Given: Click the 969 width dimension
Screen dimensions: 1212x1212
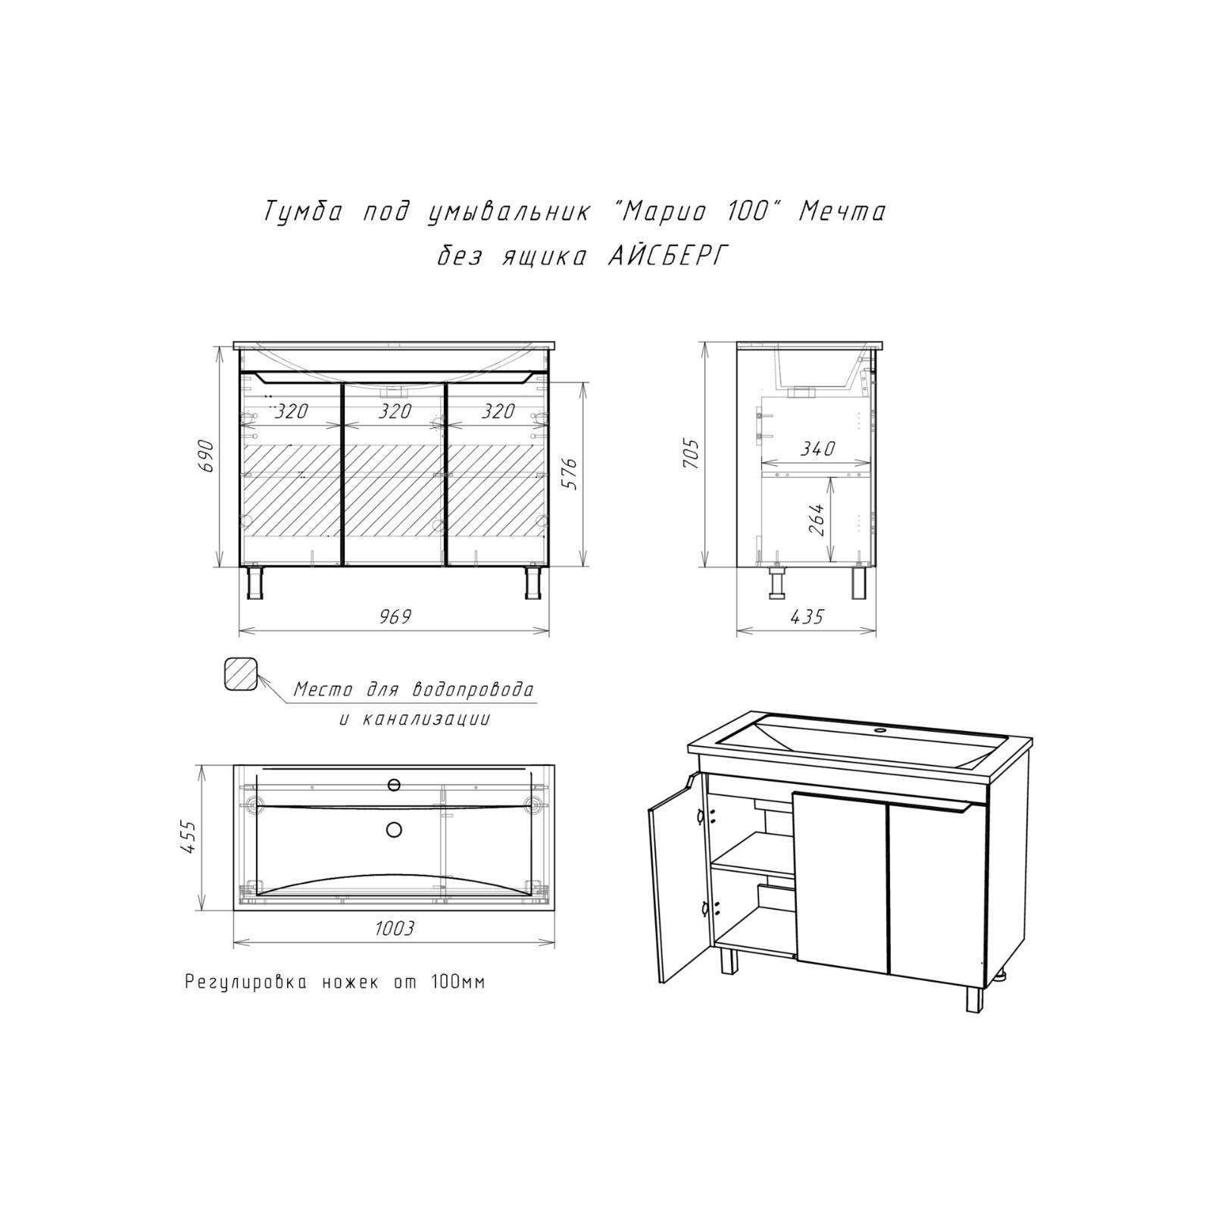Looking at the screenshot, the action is click(x=395, y=617).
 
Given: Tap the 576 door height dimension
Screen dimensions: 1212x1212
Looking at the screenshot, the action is click(x=570, y=473).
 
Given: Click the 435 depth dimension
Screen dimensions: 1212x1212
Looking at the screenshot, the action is click(x=806, y=617).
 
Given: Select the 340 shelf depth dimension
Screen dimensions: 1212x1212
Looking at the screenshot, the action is click(x=817, y=449).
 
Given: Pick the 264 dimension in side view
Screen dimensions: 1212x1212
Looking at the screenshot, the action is click(x=817, y=519).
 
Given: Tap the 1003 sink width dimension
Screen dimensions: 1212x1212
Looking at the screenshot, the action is click(x=394, y=928).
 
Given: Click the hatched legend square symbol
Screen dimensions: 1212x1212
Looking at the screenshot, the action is click(x=242, y=673).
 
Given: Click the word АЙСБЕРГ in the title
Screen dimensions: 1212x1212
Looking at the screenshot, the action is click(x=668, y=258).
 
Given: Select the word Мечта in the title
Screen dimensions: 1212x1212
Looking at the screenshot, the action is click(x=842, y=212).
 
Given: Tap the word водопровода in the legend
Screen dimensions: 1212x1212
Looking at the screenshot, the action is click(x=473, y=690).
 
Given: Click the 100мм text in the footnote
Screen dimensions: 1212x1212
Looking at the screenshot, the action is click(x=458, y=982).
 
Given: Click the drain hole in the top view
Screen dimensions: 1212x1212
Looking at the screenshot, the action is click(x=394, y=830).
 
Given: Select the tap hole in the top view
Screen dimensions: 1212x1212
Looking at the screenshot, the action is click(x=394, y=784).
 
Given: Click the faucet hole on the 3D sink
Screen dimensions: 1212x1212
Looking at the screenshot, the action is click(x=880, y=732).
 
